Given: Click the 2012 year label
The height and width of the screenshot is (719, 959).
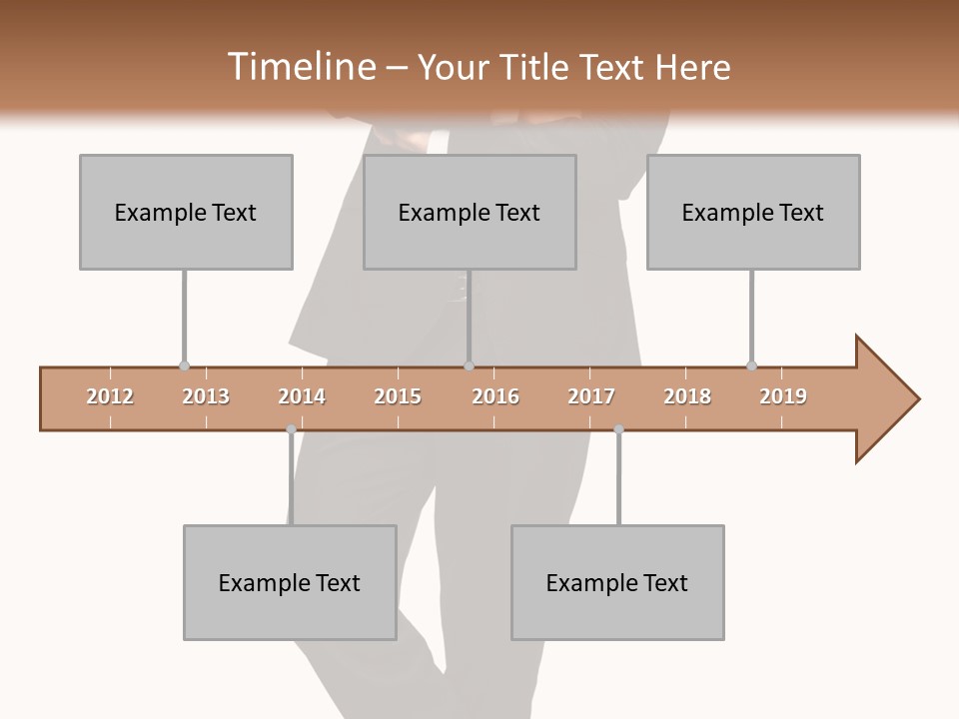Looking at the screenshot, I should [x=110, y=396].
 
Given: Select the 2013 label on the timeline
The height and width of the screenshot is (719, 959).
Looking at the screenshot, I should [x=206, y=396].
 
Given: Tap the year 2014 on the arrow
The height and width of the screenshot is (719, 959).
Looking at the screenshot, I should [x=302, y=396].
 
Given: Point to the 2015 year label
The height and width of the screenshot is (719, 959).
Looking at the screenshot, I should [x=398, y=396].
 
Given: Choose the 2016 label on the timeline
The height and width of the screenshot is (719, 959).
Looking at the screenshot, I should [x=495, y=396].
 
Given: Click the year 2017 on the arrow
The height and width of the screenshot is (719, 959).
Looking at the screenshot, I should [x=591, y=396].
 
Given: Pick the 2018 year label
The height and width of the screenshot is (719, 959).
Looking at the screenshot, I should [x=687, y=396].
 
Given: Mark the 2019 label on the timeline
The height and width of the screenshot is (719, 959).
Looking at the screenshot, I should [x=783, y=396].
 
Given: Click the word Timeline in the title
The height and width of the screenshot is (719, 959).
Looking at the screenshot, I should [x=300, y=67].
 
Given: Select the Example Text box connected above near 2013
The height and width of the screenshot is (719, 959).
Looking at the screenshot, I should [x=186, y=212].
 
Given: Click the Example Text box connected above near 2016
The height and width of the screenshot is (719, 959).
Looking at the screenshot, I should [x=470, y=212].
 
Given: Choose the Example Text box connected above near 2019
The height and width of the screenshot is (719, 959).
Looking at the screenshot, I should [x=753, y=212].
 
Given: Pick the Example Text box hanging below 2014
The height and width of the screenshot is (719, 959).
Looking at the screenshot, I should [x=290, y=582].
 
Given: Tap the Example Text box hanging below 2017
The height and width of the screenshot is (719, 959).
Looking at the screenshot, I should [x=617, y=582].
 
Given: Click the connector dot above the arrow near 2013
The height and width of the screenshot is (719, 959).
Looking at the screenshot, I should [x=184, y=366].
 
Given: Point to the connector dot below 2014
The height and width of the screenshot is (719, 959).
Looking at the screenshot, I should [x=291, y=429].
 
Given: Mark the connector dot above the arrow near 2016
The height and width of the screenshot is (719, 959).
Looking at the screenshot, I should [x=469, y=366].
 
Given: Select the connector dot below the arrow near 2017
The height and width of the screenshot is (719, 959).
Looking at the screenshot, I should [x=618, y=429].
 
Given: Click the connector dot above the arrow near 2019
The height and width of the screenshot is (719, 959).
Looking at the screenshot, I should [x=751, y=366].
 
